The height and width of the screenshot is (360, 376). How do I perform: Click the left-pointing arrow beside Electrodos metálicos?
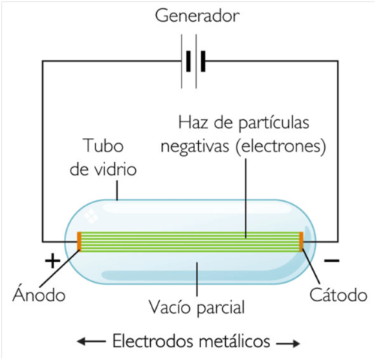[90, 342]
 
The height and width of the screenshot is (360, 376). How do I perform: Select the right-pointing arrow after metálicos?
[288, 343]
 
